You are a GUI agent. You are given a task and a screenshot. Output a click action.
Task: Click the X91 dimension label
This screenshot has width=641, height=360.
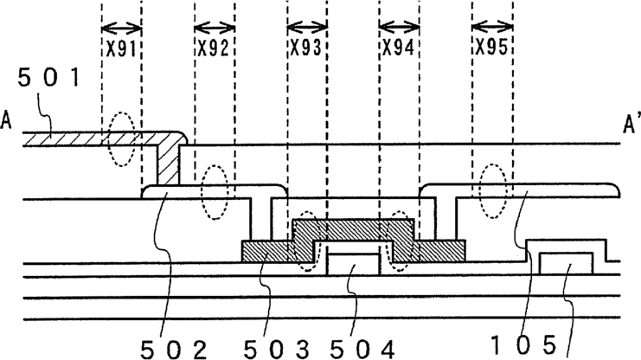tap(120, 49)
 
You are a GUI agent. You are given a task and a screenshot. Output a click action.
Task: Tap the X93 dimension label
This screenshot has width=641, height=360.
tap(306, 49)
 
